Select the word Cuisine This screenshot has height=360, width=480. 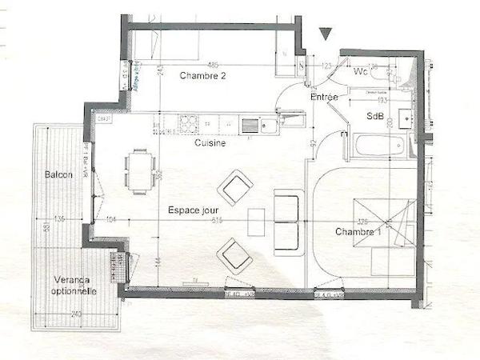click(210, 143)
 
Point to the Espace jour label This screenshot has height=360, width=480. click(192, 210)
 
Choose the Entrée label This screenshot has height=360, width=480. click(324, 98)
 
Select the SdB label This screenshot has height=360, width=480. click(374, 117)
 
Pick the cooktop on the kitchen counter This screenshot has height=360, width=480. click(188, 124)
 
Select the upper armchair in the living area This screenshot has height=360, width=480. click(236, 188)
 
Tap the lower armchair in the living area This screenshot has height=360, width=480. click(235, 256)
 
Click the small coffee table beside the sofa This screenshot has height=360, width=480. click(256, 222)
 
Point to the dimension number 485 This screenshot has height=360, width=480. click(213, 65)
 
